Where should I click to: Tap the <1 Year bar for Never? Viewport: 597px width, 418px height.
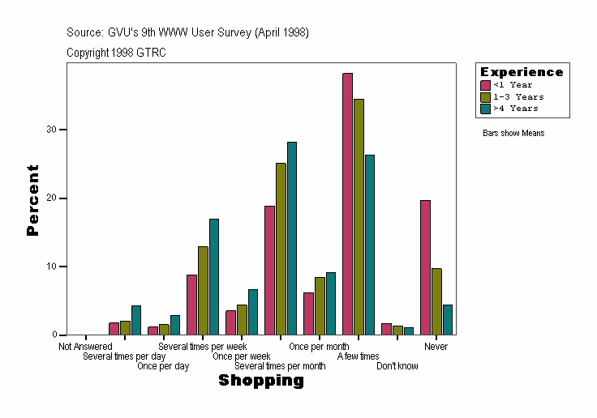click(x=425, y=267)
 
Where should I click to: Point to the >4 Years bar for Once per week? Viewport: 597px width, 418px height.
click(x=253, y=312)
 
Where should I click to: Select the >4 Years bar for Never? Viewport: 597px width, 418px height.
click(x=448, y=319)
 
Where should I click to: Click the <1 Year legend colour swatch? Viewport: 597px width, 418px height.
click(x=485, y=85)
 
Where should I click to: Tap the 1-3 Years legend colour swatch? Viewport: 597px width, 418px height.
click(x=485, y=96)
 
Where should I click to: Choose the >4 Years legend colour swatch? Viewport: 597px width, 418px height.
click(x=485, y=108)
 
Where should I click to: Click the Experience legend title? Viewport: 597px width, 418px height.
click(x=522, y=72)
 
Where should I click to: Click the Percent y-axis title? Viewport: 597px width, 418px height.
click(x=32, y=199)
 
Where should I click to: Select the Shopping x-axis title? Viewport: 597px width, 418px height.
click(x=261, y=381)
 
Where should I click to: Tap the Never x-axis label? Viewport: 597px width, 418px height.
click(x=436, y=347)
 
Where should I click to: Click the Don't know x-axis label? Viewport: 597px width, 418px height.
click(x=397, y=366)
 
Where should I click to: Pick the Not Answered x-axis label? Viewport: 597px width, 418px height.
click(x=85, y=347)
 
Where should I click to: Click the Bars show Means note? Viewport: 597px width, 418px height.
click(x=513, y=133)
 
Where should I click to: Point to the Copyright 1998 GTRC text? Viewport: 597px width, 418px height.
click(x=117, y=53)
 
